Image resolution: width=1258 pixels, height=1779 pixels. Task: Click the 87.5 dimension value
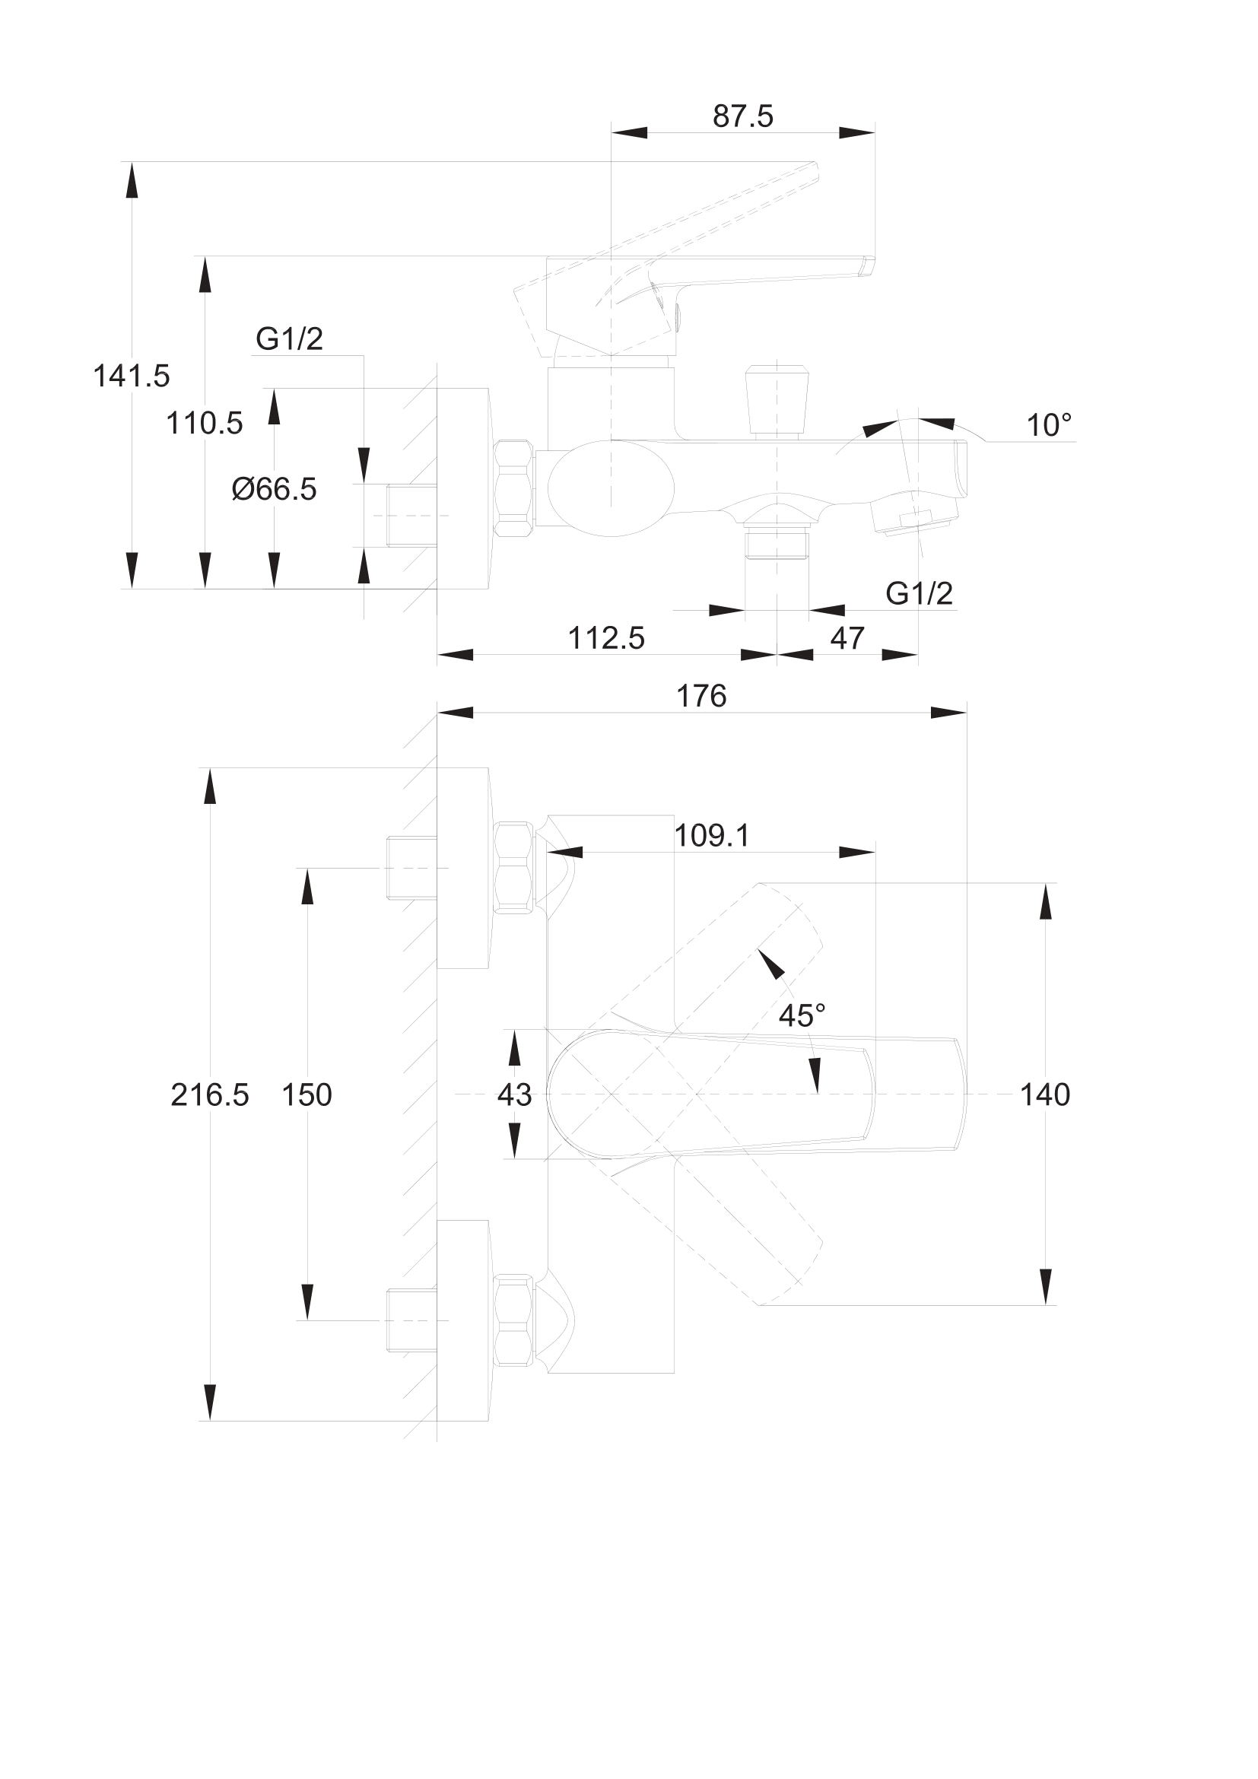point(742,116)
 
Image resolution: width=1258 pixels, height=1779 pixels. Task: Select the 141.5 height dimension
point(131,376)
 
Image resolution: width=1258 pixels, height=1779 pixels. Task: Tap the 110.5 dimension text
point(205,424)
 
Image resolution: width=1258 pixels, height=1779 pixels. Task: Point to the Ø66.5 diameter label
point(275,490)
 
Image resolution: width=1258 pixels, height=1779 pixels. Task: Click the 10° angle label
point(1049,425)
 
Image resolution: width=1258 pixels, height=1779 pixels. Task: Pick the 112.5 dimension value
point(605,638)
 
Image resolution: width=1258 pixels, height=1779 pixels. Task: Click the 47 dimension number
point(847,638)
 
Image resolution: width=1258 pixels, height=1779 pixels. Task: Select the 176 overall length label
point(701,697)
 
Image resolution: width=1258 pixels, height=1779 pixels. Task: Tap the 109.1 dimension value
point(711,836)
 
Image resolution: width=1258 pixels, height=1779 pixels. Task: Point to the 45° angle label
point(802,1016)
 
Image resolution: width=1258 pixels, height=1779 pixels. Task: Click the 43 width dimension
point(514,1094)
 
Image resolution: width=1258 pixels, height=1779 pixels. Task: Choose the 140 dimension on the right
point(1044,1094)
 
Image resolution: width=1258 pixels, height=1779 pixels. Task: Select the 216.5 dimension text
point(210,1094)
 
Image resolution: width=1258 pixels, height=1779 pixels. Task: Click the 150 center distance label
point(307,1094)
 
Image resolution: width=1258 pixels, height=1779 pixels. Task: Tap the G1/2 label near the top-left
point(289,339)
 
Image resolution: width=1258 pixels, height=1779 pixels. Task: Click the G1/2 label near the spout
point(919,593)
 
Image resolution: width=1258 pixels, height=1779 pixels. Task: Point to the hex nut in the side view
point(513,488)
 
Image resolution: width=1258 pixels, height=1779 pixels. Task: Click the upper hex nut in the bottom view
point(513,867)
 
